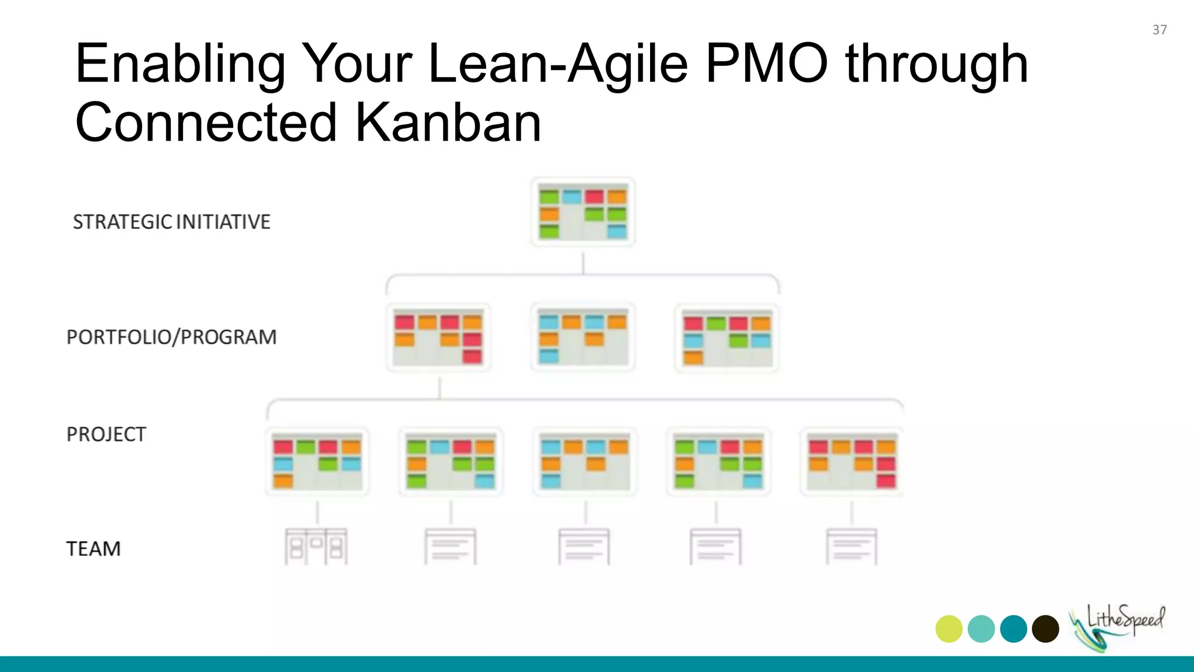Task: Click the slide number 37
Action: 1159,30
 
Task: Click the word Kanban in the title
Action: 448,123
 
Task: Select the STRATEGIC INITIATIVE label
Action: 171,222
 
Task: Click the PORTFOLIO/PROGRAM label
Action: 171,337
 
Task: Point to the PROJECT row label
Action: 106,435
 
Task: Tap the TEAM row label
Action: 93,549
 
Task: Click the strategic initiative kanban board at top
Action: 582,212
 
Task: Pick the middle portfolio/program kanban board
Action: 582,337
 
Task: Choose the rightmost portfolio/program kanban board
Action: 726,338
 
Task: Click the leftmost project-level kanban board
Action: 317,463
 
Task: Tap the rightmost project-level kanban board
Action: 852,463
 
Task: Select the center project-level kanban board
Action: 585,463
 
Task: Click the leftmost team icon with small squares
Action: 316,547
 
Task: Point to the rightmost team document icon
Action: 851,547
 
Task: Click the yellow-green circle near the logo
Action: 949,629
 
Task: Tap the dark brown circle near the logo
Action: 1045,629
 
